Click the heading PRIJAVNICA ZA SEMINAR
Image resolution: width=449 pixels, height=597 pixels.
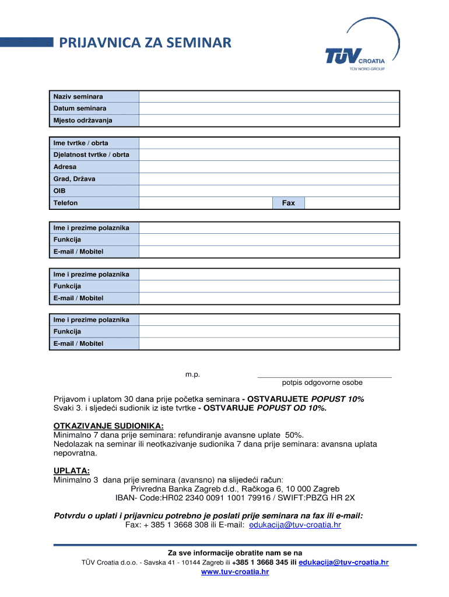[143, 43]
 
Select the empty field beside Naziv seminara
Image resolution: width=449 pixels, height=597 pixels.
[269, 96]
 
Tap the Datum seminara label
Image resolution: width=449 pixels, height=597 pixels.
[80, 108]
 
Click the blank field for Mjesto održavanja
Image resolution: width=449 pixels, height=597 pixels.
[269, 121]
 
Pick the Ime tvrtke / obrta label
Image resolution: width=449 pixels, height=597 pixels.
[80, 143]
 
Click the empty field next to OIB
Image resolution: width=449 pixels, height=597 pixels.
[269, 191]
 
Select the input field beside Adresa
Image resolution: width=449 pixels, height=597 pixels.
[269, 167]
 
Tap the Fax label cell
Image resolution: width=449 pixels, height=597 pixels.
[288, 203]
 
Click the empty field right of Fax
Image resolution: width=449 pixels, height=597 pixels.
[352, 203]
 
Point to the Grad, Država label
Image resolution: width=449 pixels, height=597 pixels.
[74, 179]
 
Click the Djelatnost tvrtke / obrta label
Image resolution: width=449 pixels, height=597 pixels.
[92, 154]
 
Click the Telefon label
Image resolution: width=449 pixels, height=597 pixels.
[65, 203]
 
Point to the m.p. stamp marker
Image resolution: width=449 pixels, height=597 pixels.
[192, 374]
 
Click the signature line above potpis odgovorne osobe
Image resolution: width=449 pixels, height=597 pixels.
[324, 377]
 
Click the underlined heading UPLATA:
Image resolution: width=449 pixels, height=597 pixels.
[72, 470]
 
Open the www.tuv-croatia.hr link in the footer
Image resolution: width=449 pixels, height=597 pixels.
[235, 572]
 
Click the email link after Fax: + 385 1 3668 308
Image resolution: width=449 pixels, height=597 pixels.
[294, 525]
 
